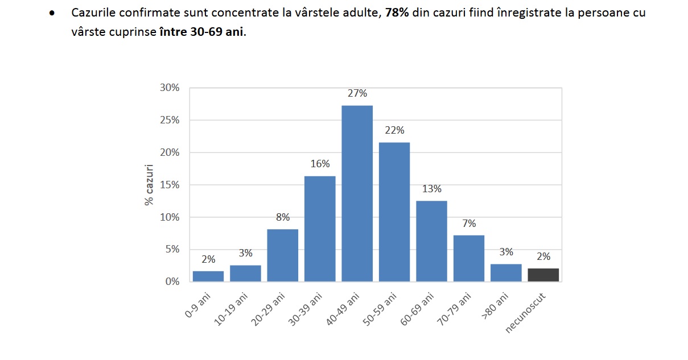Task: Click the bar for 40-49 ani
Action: click(357, 193)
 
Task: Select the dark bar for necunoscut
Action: click(543, 275)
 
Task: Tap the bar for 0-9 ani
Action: click(208, 276)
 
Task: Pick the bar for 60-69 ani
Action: click(431, 241)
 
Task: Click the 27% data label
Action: click(357, 93)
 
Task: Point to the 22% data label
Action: click(394, 130)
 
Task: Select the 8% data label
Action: click(283, 217)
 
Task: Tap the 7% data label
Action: click(469, 224)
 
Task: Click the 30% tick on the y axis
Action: click(169, 88)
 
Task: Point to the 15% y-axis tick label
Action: click(169, 185)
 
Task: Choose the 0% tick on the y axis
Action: click(171, 282)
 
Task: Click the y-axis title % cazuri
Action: click(149, 185)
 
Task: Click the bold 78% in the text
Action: click(396, 13)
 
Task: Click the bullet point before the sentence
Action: click(52, 13)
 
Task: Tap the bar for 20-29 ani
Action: click(282, 255)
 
